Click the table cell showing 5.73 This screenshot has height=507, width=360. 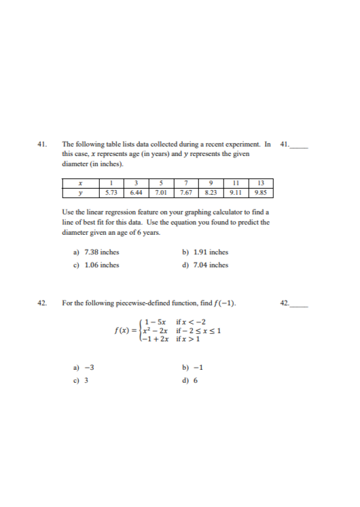point(111,192)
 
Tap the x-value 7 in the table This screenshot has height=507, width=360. point(186,183)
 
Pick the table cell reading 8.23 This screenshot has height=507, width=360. point(211,192)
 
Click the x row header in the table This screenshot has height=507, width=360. point(81,183)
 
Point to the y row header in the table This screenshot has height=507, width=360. point(81,192)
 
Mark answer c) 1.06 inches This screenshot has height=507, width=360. point(96,265)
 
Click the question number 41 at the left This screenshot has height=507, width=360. point(42,145)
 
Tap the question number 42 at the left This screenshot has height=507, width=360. point(42,302)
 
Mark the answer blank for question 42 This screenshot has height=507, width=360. point(299,303)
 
